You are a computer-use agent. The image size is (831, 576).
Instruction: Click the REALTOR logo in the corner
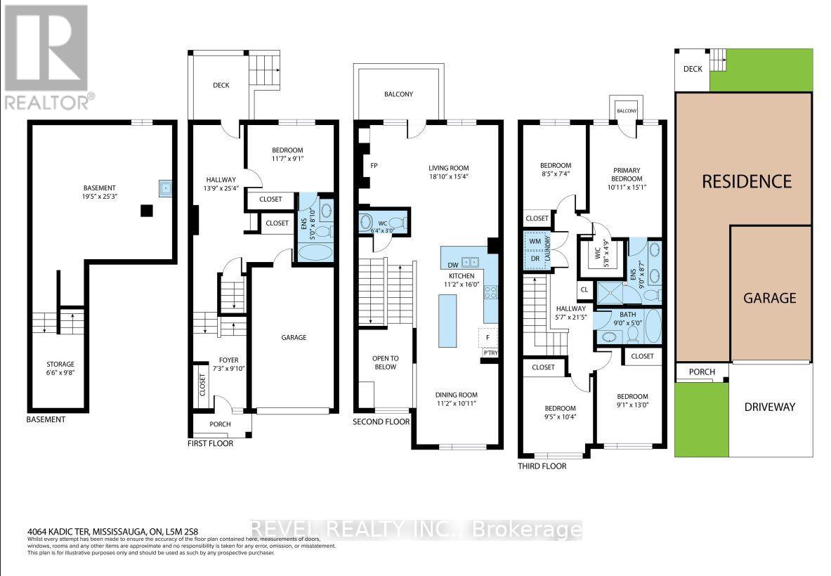pos(47,56)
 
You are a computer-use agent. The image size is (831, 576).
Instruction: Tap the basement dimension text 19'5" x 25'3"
pos(99,197)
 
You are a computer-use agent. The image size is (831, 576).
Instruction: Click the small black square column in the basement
pos(147,210)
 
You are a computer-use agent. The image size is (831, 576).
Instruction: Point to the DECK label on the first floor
pos(221,86)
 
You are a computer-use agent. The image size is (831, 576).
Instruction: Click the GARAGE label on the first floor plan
pos(294,338)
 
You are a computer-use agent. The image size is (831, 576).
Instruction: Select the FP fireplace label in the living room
pos(374,166)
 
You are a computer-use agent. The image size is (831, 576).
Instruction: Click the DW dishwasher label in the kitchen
pos(452,265)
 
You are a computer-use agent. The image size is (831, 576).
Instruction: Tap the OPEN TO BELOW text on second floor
pos(385,362)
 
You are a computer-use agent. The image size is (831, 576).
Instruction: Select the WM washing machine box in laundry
pos(536,241)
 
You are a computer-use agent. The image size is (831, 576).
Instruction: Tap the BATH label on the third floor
pos(627,315)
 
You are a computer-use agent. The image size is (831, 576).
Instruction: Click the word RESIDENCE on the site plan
pos(747,181)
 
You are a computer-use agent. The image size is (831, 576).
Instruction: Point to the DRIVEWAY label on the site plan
pos(770,407)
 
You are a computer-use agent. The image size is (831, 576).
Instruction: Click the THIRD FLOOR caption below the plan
pos(542,466)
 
